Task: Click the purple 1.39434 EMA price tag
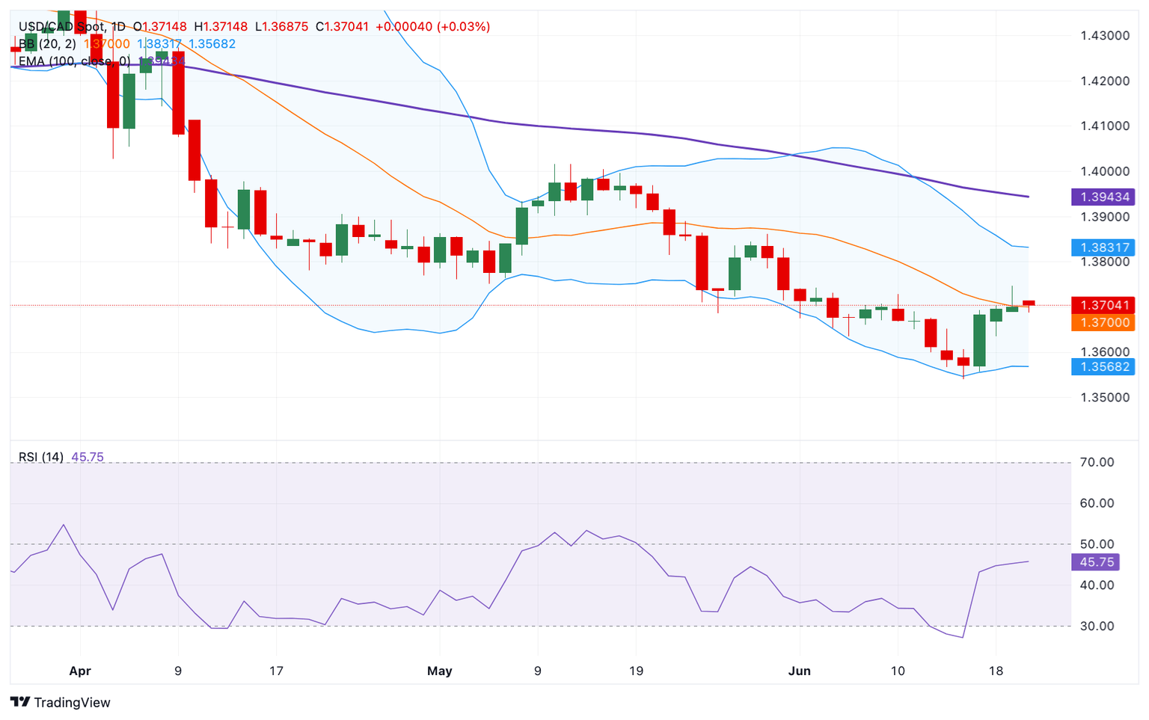[1103, 197]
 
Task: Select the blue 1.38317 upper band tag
[1103, 247]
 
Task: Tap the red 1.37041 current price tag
[1103, 305]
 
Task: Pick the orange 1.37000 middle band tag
[1103, 322]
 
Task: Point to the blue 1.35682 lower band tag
[1103, 366]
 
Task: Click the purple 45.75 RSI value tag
[1096, 562]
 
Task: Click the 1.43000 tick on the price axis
[1104, 36]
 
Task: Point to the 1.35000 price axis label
[1104, 397]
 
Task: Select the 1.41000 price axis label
[1104, 126]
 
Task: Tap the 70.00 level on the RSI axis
[1097, 462]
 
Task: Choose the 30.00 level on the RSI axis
[1097, 626]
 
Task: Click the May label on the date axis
[439, 671]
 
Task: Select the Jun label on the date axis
[799, 671]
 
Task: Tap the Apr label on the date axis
[80, 671]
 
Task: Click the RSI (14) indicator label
[40, 457]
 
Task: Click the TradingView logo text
[72, 702]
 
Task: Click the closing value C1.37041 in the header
[342, 27]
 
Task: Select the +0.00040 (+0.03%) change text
[432, 27]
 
